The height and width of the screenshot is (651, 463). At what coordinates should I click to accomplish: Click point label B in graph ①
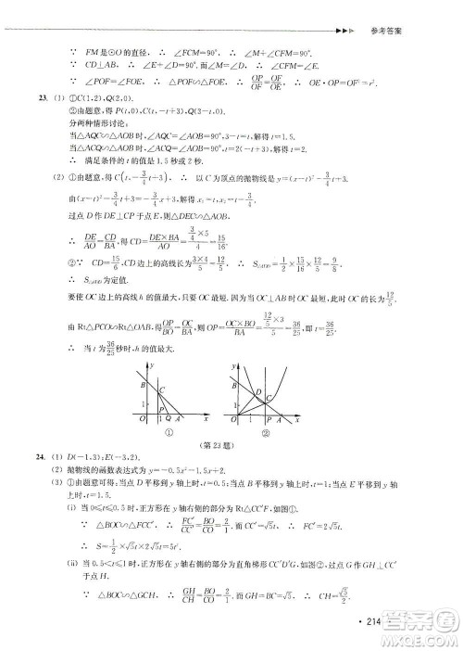(x=143, y=385)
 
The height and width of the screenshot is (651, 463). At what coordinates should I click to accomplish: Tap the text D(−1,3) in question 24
(x=74, y=472)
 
